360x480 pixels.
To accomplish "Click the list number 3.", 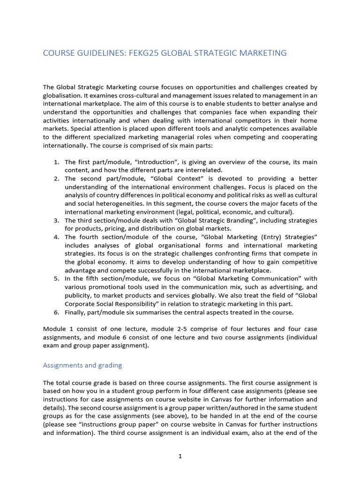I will coord(56,220).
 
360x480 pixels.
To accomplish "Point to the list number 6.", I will coord(56,312).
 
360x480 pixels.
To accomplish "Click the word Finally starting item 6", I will coord(75,312).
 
